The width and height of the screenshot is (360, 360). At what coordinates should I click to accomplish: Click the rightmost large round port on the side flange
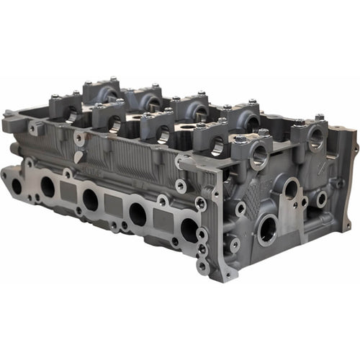pos(189,230)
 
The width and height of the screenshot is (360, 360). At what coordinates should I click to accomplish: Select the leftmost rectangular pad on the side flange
pos(67,190)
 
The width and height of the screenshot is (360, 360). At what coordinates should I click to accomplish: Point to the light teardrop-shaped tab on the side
pos(78,156)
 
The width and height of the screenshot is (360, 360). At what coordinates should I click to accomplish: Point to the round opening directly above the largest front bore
pos(291,189)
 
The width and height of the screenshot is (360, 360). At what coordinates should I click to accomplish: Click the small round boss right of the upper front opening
pos(320,198)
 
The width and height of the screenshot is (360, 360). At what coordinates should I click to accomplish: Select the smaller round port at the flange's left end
pos(17,186)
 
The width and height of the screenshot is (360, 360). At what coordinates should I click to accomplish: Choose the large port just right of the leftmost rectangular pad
pos(90,199)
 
